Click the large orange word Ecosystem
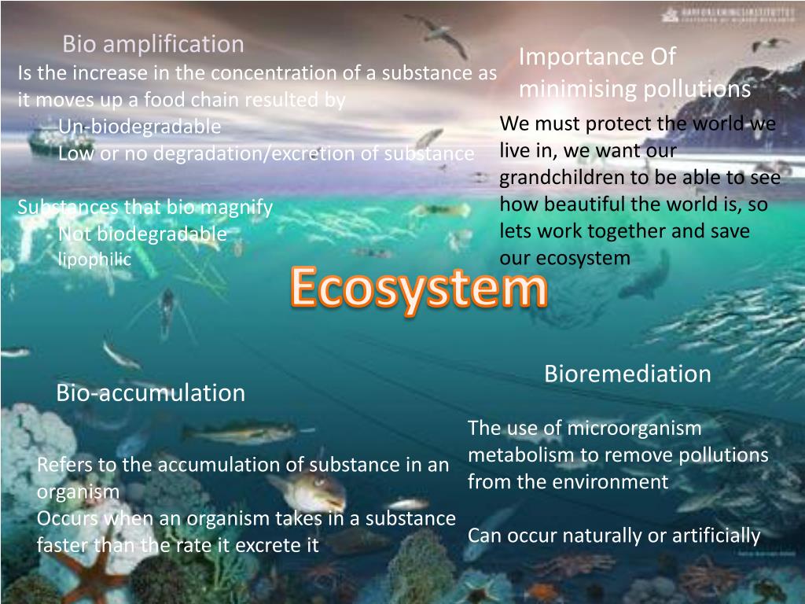(x=418, y=289)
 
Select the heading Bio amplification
(x=153, y=44)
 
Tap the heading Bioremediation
(x=627, y=374)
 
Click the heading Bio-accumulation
(x=150, y=392)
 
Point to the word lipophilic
(x=94, y=260)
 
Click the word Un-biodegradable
(x=139, y=127)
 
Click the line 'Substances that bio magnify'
(x=145, y=208)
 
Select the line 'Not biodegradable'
(x=142, y=234)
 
